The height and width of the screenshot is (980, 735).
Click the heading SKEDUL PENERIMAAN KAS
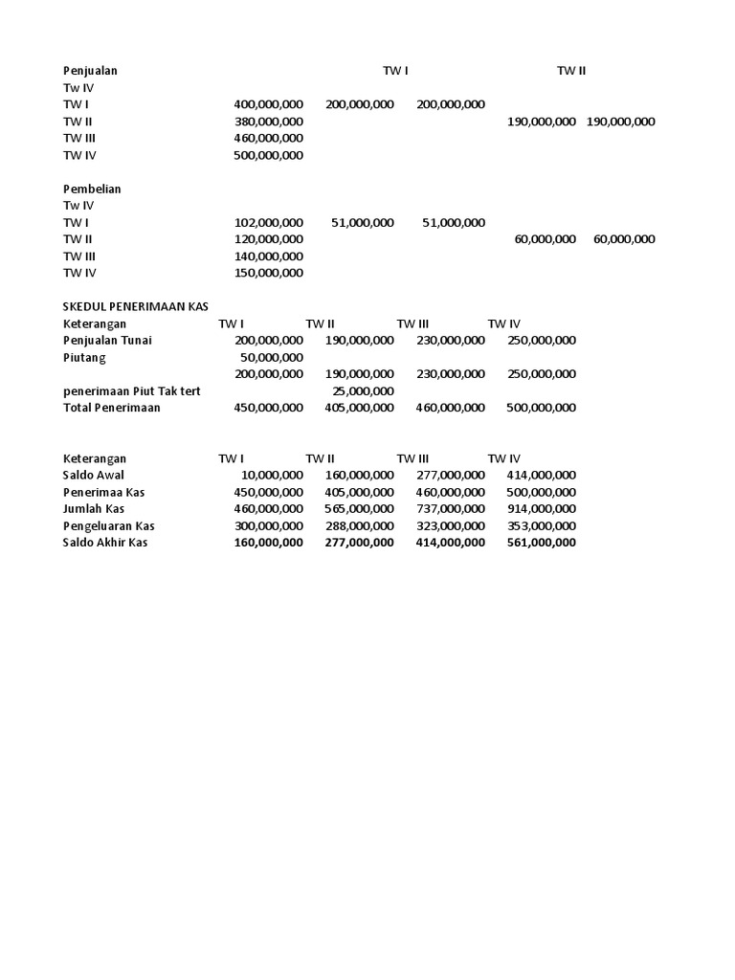(x=135, y=307)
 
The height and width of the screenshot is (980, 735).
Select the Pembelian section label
(x=92, y=189)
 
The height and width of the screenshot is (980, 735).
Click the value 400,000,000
(x=268, y=104)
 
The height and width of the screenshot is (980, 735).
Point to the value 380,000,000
(x=268, y=122)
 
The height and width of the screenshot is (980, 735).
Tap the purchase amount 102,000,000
(x=268, y=223)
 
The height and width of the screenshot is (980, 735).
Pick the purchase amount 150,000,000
(x=268, y=273)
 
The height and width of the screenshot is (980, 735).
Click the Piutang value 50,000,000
(x=271, y=357)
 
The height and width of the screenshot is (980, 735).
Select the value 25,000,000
(x=362, y=390)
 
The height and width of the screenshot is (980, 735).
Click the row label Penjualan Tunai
(x=107, y=340)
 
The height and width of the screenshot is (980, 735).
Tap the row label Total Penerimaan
(x=112, y=408)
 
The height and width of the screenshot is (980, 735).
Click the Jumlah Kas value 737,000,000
(x=450, y=509)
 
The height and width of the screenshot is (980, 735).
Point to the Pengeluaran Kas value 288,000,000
(x=359, y=526)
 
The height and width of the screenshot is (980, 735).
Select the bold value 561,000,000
(x=541, y=543)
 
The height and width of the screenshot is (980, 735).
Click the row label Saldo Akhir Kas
(x=105, y=543)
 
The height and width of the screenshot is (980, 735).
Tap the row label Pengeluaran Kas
(x=108, y=526)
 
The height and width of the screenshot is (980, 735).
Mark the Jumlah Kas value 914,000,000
(x=541, y=509)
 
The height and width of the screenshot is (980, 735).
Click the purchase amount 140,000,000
(x=268, y=256)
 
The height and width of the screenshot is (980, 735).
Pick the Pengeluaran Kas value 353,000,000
(x=541, y=526)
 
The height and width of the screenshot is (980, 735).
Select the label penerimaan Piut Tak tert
(x=131, y=390)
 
